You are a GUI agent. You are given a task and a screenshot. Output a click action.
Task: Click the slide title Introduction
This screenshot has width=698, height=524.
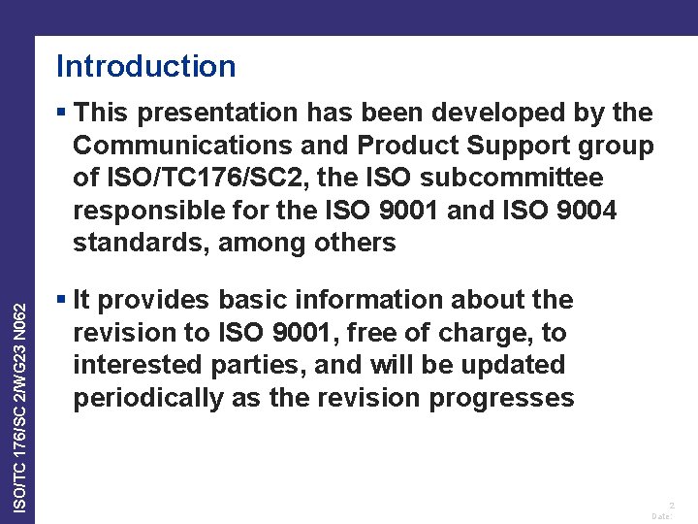(145, 66)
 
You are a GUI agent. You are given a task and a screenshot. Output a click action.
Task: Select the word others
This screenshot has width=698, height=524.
(354, 243)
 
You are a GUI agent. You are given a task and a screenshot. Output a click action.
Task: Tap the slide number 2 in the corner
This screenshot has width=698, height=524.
(670, 505)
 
